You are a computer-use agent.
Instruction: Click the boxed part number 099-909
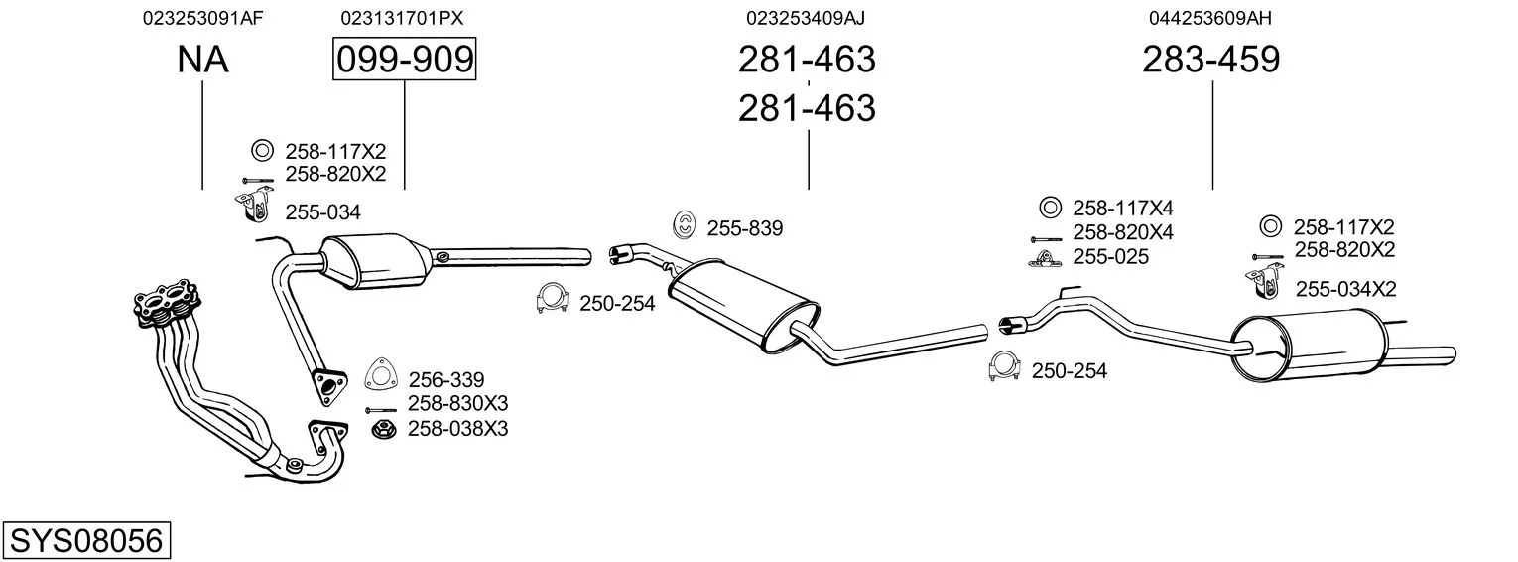coord(404,60)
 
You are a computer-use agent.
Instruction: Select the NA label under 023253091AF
coord(202,60)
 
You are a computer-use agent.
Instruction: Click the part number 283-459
coord(1211,60)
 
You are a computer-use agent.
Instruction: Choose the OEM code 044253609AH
coord(1210,18)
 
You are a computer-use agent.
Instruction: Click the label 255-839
coord(745,228)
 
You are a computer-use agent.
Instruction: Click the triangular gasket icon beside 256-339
coord(380,375)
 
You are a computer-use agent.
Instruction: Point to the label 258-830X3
coord(458,403)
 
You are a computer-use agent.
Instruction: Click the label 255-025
coord(1110,257)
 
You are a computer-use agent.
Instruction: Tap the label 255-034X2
coord(1346,289)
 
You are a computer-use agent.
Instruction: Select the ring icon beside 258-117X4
coord(1048,209)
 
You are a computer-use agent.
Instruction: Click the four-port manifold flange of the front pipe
coord(164,304)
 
